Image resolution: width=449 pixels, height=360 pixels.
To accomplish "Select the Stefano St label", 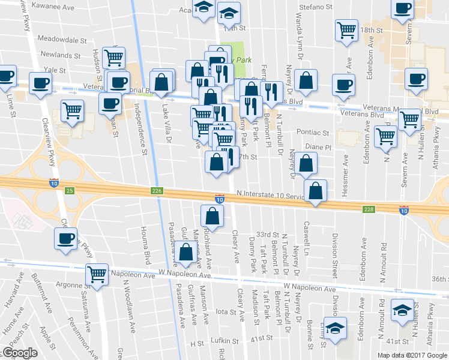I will pos(316,7).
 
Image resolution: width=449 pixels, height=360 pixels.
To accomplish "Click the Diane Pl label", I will pos(318,146).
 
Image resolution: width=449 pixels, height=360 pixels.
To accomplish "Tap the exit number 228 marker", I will pos(369,209).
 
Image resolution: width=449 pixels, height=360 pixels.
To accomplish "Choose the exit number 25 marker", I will pos(70,191).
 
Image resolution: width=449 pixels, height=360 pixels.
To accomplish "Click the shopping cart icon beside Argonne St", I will pos(96,274).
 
